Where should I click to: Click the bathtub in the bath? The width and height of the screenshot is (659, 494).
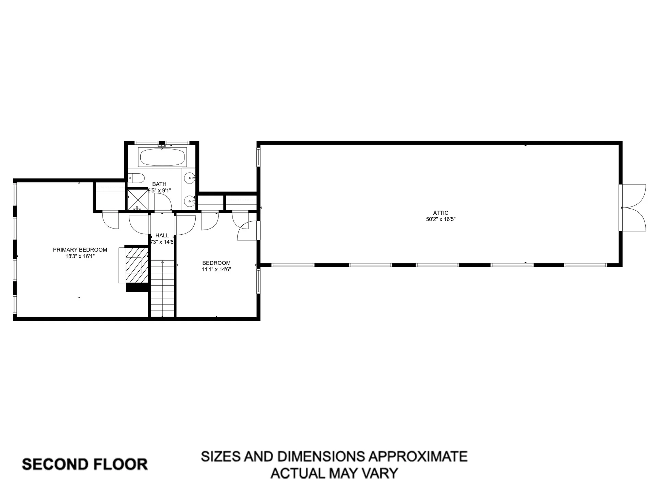(162, 157)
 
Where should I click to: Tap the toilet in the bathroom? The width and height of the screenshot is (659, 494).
(136, 178)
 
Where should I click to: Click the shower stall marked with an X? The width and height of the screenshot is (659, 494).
(138, 200)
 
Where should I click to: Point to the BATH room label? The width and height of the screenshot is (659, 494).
(159, 184)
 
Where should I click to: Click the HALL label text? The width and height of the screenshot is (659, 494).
(162, 235)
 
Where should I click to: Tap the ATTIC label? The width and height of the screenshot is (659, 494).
(441, 213)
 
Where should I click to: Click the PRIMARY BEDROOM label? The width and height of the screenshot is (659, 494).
(80, 250)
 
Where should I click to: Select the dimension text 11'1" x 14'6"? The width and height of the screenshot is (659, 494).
(216, 269)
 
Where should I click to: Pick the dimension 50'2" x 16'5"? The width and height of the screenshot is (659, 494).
(441, 219)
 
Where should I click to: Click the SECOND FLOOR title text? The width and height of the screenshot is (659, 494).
(85, 464)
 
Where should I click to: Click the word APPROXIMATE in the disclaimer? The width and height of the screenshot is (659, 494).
(418, 457)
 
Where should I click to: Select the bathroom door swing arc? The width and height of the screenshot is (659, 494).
(163, 202)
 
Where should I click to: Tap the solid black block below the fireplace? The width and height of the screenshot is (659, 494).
(137, 287)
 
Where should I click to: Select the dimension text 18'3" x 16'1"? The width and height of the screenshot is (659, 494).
(80, 256)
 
